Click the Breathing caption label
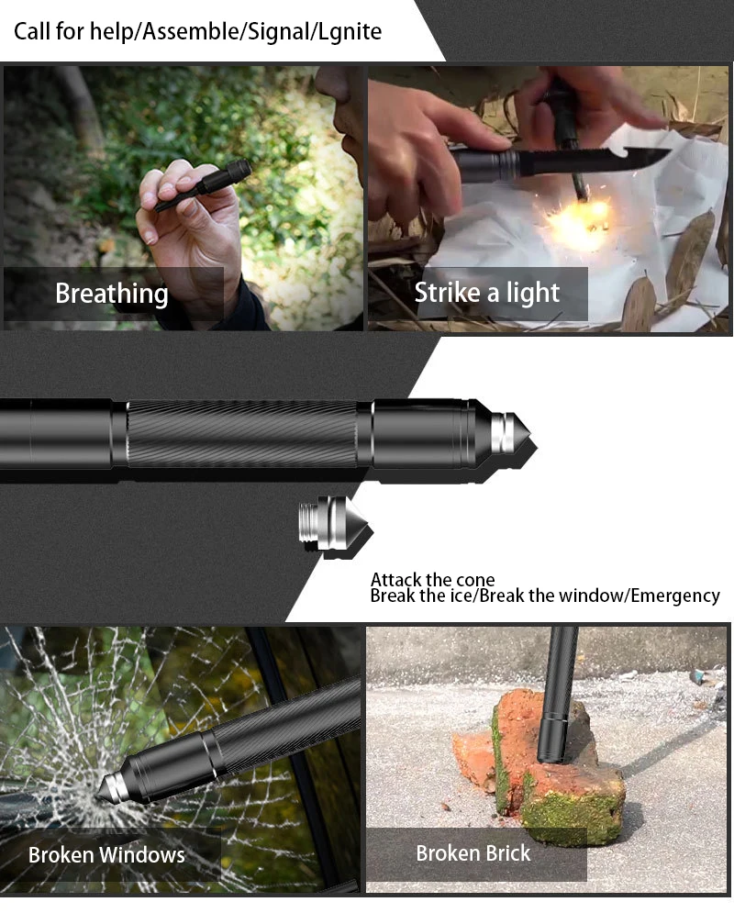[x=112, y=294]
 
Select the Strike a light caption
[x=486, y=293]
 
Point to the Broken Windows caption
[x=106, y=855]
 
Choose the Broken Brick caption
[x=473, y=853]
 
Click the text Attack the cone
[x=432, y=580]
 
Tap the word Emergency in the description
[x=675, y=596]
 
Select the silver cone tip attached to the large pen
[x=511, y=434]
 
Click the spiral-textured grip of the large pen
[x=242, y=434]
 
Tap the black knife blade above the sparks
[x=594, y=159]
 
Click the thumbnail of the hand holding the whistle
[x=183, y=198]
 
